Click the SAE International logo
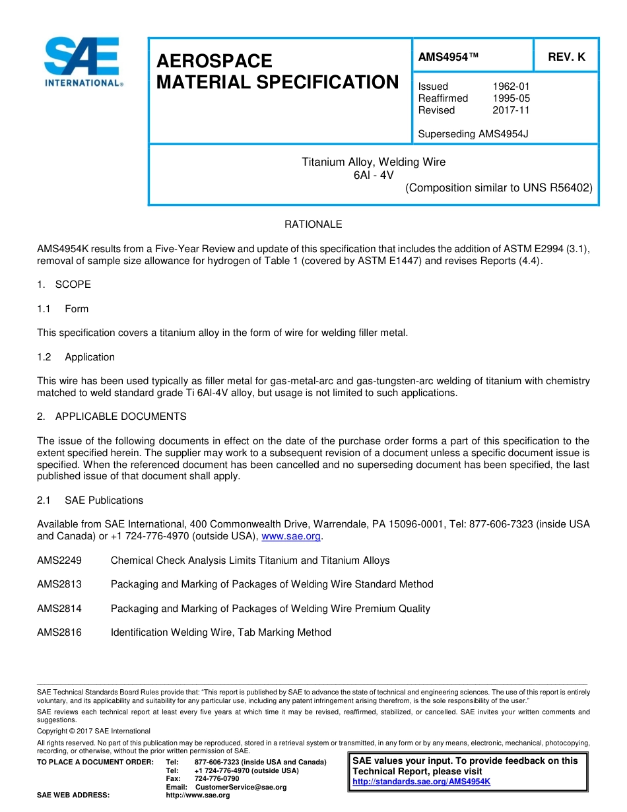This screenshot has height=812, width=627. click(82, 62)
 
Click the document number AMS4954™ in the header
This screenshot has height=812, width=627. click(448, 57)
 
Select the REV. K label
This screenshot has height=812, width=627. click(566, 57)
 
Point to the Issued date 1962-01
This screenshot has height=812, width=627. click(511, 86)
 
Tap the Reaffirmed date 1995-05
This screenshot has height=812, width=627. click(511, 98)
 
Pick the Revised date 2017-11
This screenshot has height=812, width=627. click(511, 110)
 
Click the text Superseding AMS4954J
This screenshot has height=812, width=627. click(473, 134)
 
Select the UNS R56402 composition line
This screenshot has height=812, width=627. click(498, 187)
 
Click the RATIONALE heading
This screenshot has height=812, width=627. click(313, 224)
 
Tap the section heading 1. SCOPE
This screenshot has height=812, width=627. click(64, 285)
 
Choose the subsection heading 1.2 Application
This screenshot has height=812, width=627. click(76, 357)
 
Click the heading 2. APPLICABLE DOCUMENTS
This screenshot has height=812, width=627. click(112, 417)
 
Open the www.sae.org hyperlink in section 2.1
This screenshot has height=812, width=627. click(291, 537)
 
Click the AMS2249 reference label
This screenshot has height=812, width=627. click(59, 560)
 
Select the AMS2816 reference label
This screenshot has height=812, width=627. click(59, 632)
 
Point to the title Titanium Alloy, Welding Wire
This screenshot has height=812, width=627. click(374, 162)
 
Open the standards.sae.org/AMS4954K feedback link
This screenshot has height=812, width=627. click(421, 782)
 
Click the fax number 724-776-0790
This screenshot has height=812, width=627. click(216, 779)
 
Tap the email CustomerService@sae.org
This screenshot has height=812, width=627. click(240, 787)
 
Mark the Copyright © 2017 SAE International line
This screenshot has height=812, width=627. click(94, 731)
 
